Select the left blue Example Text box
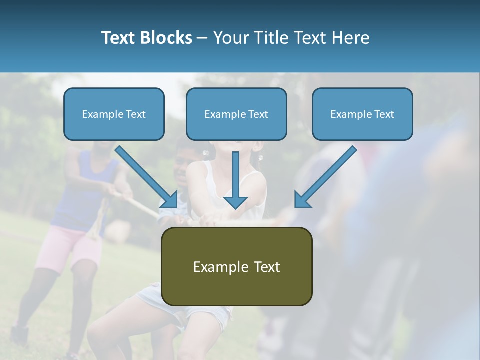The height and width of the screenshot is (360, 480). tap(114, 114)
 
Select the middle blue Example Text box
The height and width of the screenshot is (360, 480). tap(236, 114)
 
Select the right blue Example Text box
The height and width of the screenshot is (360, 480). tap(362, 114)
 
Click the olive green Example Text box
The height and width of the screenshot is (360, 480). tap(237, 267)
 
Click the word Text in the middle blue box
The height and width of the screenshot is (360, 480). tap(258, 114)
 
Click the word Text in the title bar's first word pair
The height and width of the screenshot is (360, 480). tap(119, 38)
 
